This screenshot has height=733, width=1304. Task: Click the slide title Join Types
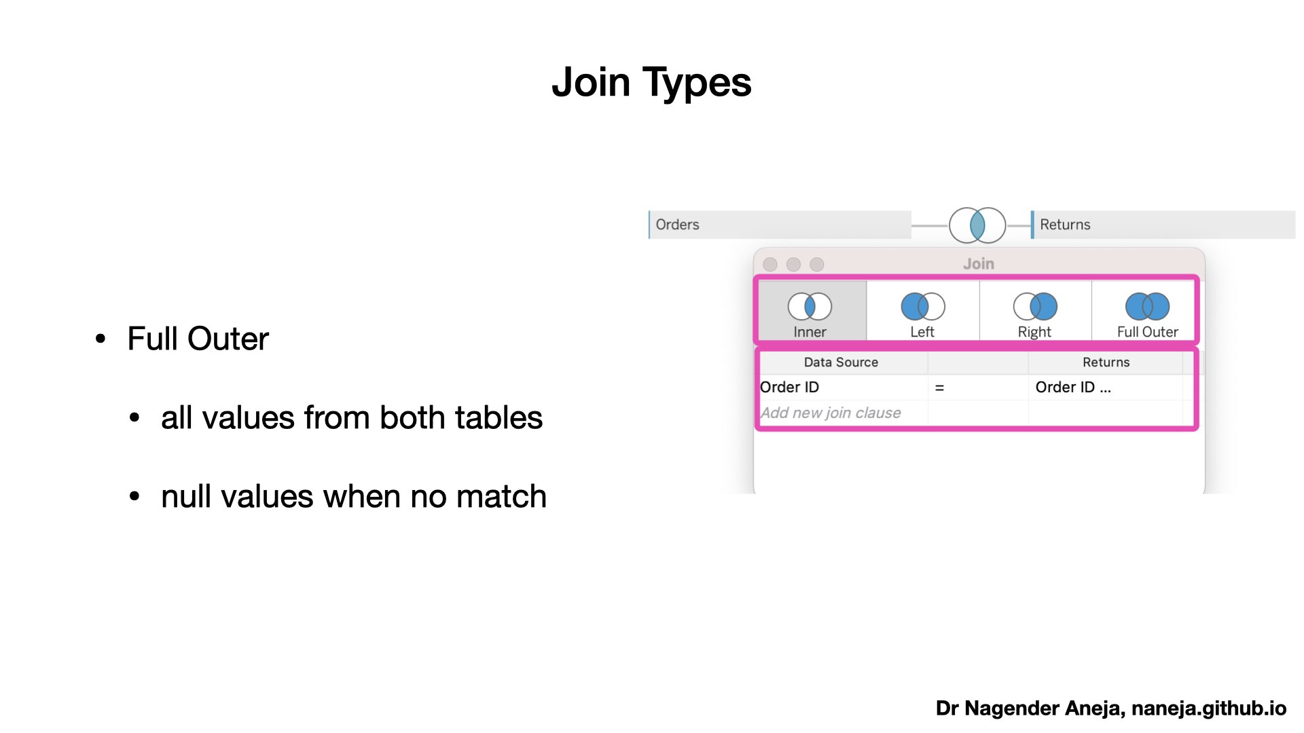point(651,83)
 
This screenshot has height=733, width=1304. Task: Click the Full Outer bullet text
point(198,339)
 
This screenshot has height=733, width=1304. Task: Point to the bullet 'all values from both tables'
point(352,417)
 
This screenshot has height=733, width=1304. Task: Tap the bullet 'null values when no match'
point(354,496)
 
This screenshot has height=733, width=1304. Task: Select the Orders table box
point(780,225)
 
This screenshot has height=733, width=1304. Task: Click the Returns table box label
point(1065,225)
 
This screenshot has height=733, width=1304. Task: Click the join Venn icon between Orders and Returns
point(977,225)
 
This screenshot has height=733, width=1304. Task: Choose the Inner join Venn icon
point(810,306)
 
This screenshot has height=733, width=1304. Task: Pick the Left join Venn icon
point(922,306)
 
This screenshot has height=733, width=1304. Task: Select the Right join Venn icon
point(1035,306)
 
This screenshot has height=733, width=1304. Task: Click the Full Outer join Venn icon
point(1147,306)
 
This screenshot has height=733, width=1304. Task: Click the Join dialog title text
point(979,264)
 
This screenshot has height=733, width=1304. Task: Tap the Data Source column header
point(841,362)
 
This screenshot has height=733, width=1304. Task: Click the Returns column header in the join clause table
point(1106,362)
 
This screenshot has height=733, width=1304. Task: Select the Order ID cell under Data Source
point(789,387)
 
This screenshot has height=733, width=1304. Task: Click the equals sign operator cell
point(939,388)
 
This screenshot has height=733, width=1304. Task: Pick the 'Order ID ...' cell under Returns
point(1073,387)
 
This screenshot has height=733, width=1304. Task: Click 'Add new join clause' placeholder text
point(831,413)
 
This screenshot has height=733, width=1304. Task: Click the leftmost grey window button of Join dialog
point(770,264)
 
